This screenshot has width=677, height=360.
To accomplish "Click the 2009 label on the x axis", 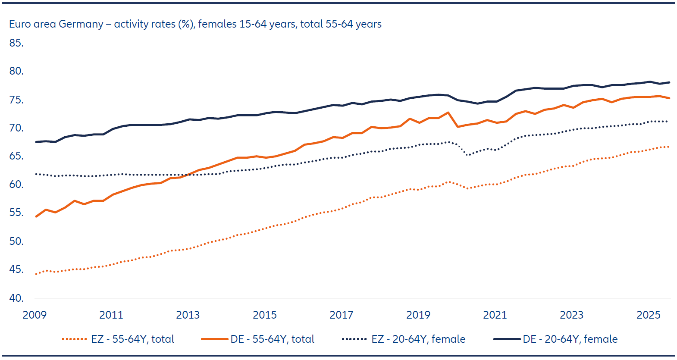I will (34, 315).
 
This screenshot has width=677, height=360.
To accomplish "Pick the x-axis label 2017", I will (342, 315).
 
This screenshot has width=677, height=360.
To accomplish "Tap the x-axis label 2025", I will (649, 315).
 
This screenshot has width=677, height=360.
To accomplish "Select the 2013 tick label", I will (188, 315).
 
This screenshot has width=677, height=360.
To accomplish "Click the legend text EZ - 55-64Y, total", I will (133, 339).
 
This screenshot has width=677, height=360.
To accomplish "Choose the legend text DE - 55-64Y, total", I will (273, 339).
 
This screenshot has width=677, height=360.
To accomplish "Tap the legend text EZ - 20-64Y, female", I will (418, 339).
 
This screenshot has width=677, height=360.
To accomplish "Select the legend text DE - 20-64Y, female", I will (570, 339).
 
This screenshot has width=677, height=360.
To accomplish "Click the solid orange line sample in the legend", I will (214, 339).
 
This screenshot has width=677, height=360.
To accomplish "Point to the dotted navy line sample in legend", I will (354, 339).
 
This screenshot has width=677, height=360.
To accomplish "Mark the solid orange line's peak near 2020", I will (448, 113).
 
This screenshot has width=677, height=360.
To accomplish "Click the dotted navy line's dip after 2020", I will (467, 154).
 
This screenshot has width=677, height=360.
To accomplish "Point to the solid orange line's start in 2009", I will (36, 216).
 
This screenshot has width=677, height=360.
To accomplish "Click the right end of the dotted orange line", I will (668, 147).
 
